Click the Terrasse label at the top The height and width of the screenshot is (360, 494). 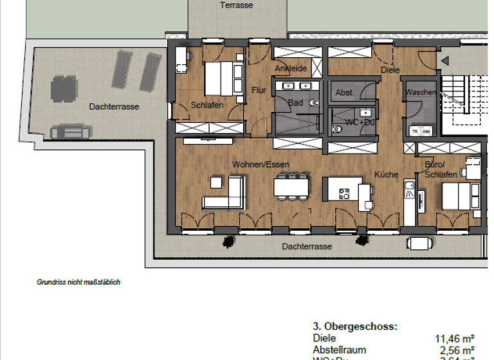236,5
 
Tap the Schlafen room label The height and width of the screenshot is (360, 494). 207,105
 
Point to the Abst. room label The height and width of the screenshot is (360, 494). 345,93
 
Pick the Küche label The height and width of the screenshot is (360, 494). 387,174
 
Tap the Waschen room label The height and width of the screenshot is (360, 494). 420,93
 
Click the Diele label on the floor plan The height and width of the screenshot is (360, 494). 390,69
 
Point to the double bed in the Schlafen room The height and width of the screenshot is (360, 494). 222,78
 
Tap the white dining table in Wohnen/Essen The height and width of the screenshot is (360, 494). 290,186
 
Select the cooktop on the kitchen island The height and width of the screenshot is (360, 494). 344,193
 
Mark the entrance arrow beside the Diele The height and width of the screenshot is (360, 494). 444,61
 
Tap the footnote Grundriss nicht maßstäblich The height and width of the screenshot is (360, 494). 78,282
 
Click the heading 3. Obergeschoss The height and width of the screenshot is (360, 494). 354,327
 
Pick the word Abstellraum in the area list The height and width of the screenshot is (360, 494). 339,350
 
